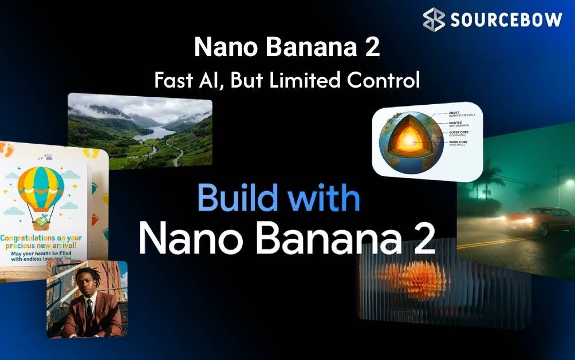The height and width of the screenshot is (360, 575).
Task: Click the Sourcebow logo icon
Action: point(434,19)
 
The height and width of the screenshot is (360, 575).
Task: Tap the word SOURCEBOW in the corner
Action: point(507,20)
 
